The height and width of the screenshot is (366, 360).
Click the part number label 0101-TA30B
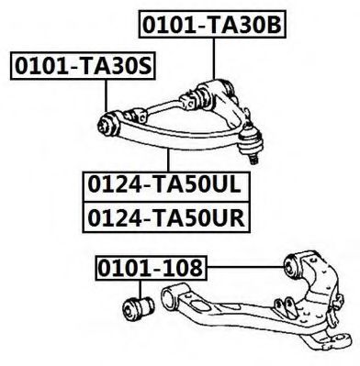[x=212, y=25]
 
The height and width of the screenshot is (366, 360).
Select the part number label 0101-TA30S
[x=83, y=66]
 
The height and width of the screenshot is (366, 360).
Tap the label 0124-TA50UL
[x=166, y=186]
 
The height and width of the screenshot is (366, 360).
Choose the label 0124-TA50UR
[x=166, y=217]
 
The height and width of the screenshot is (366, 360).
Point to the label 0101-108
[x=152, y=268]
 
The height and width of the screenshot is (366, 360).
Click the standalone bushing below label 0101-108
[x=138, y=308]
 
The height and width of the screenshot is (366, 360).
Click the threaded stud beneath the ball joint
[x=253, y=160]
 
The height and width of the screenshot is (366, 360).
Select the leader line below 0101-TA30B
[x=213, y=59]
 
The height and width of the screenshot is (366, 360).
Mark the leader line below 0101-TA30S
[x=107, y=95]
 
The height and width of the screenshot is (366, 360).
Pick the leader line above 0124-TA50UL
[x=168, y=160]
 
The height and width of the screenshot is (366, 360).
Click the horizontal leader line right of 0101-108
[x=246, y=268]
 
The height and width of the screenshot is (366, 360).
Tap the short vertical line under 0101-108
[x=141, y=289]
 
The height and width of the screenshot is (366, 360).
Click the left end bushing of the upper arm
[x=108, y=124]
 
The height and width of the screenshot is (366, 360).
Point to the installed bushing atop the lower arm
[x=293, y=265]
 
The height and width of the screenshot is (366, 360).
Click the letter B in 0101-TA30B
[x=273, y=25]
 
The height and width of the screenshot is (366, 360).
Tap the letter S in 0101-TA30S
[x=144, y=66]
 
